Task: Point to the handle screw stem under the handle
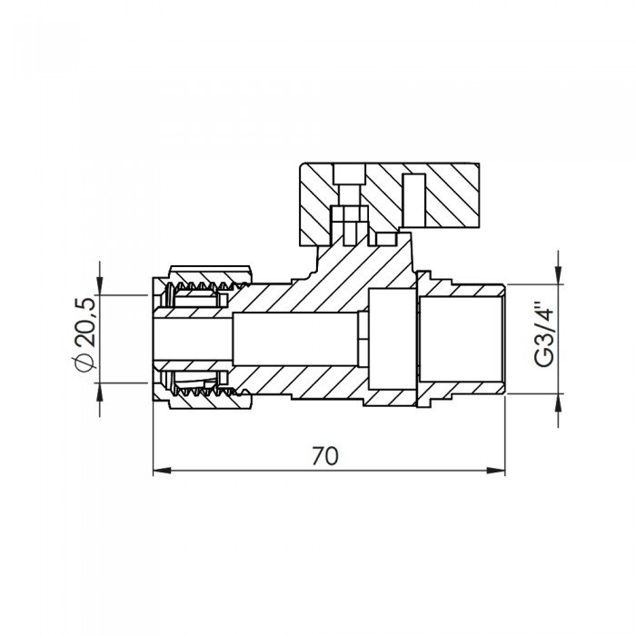(x=349, y=218)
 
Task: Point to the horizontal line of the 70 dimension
(x=273, y=471)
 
